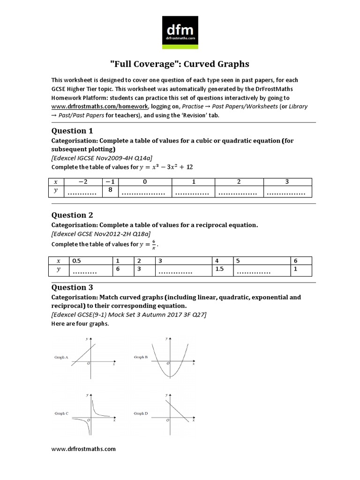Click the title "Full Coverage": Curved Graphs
pos(180,64)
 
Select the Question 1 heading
pos(69,131)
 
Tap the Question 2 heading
pos(69,215)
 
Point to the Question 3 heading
pos(69,287)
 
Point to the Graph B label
pos(141,357)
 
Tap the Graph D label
pos(141,413)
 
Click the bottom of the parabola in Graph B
pos(169,376)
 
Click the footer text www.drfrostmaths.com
pos(83,449)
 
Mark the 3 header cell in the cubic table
pos(287,181)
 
